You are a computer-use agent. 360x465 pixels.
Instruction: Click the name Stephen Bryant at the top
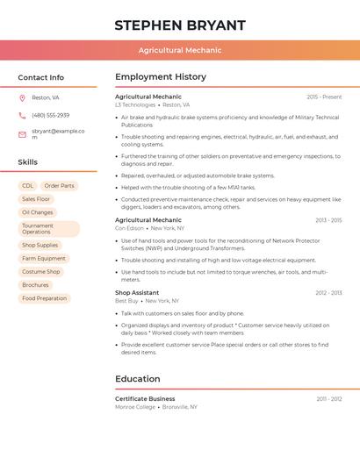click(x=180, y=25)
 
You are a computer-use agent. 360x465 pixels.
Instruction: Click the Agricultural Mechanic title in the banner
click(x=180, y=50)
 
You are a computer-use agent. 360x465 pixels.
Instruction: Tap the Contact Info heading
click(x=41, y=77)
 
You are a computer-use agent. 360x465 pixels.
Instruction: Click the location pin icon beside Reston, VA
click(x=22, y=98)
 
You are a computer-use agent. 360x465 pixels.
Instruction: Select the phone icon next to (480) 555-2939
click(x=22, y=116)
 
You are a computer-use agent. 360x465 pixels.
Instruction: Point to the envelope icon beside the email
click(x=22, y=134)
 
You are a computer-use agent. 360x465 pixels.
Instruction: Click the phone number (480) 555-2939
click(x=50, y=116)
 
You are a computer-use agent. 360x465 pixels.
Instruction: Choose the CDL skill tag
click(x=28, y=186)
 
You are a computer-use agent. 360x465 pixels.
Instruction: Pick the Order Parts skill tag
click(x=60, y=186)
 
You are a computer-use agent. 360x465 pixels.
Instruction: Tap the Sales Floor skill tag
click(x=36, y=199)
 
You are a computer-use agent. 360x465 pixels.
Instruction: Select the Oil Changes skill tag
click(x=38, y=212)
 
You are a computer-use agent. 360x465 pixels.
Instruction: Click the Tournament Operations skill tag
click(x=48, y=229)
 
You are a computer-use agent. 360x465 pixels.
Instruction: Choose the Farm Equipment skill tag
click(x=44, y=259)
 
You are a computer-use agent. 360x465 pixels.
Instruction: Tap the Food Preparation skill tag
click(x=45, y=298)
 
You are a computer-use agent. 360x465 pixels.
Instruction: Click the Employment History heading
click(x=161, y=77)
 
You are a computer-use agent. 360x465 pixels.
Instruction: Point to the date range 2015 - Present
click(x=324, y=97)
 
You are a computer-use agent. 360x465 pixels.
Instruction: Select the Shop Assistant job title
click(x=137, y=292)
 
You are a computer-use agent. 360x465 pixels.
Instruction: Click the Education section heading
click(x=138, y=379)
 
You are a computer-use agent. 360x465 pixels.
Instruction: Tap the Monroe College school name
click(x=135, y=407)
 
